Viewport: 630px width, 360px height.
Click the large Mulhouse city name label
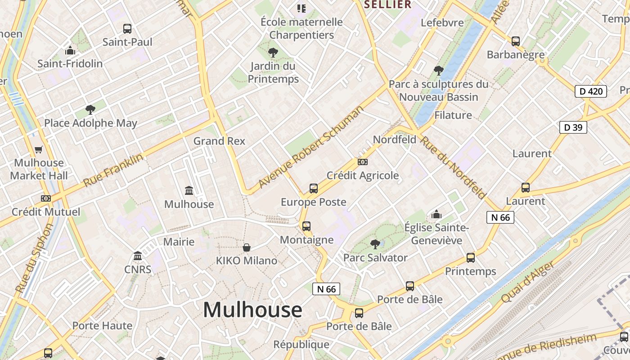point(252,310)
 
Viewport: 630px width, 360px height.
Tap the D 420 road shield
point(590,91)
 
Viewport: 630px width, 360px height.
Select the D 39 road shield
point(573,127)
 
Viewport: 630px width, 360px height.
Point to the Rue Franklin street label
point(113,170)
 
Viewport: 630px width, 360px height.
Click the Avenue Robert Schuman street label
point(310,148)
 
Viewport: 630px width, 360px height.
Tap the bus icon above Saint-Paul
point(127,29)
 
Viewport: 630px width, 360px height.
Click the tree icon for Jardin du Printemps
point(273,53)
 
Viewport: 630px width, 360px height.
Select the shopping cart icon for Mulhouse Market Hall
point(39,149)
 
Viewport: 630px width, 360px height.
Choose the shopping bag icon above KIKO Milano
point(247,247)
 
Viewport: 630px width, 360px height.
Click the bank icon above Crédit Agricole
point(362,162)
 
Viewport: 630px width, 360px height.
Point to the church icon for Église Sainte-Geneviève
point(436,215)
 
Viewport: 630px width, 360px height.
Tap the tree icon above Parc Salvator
point(375,244)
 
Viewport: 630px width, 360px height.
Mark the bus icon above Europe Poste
point(314,189)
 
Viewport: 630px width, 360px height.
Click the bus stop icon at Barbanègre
point(516,41)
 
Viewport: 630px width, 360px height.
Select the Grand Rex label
point(219,141)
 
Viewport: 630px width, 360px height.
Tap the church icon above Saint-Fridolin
point(70,50)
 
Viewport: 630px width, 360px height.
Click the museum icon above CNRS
point(138,256)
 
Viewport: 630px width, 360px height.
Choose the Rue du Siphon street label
point(34,258)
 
